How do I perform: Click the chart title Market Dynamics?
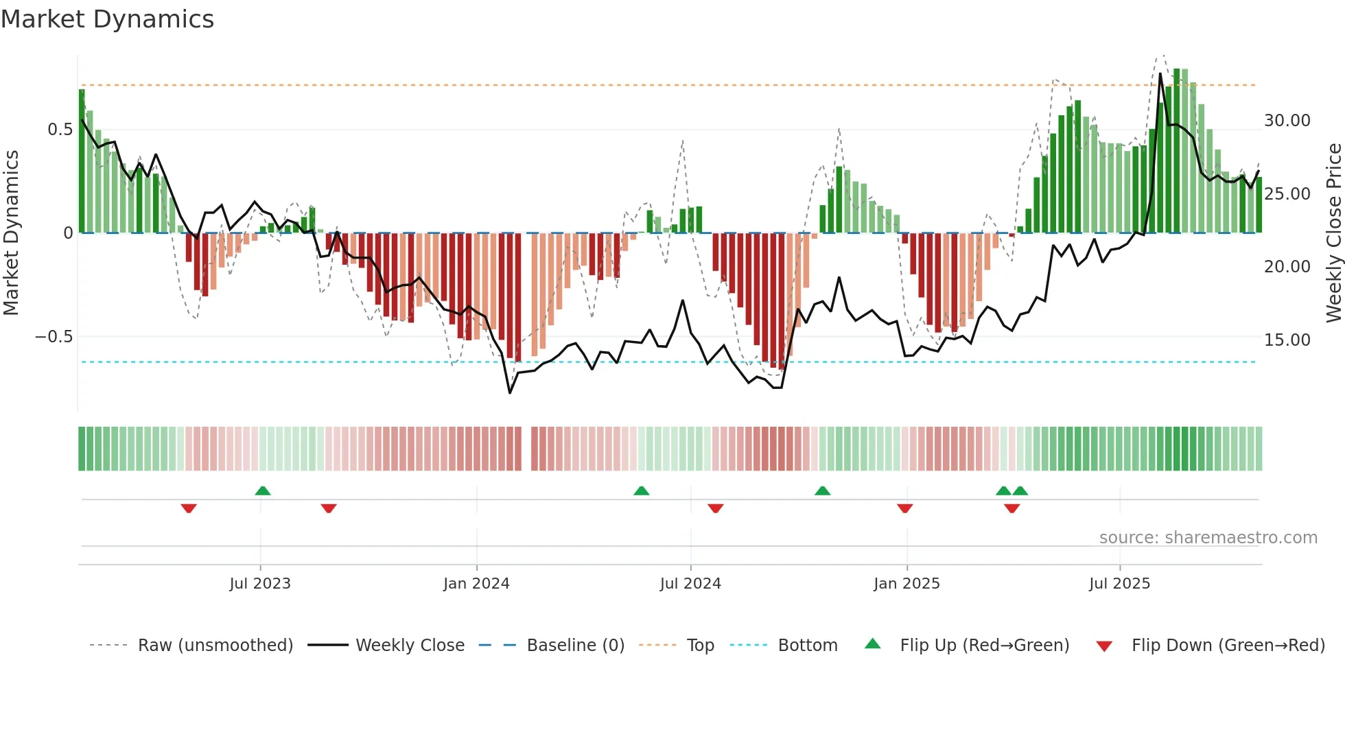(107, 19)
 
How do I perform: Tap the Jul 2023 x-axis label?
(260, 584)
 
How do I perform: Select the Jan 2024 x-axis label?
(476, 584)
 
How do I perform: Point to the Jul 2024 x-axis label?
(690, 584)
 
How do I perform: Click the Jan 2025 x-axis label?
(907, 584)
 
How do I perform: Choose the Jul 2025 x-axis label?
(1119, 584)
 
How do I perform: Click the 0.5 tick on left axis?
(60, 130)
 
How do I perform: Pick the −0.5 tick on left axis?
(54, 337)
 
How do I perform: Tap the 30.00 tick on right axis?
(1287, 121)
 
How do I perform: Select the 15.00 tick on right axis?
(1287, 340)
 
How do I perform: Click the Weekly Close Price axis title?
(1333, 233)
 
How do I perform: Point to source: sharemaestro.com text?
(1208, 538)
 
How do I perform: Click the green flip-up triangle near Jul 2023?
(263, 491)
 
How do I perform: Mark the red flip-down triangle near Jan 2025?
(904, 508)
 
